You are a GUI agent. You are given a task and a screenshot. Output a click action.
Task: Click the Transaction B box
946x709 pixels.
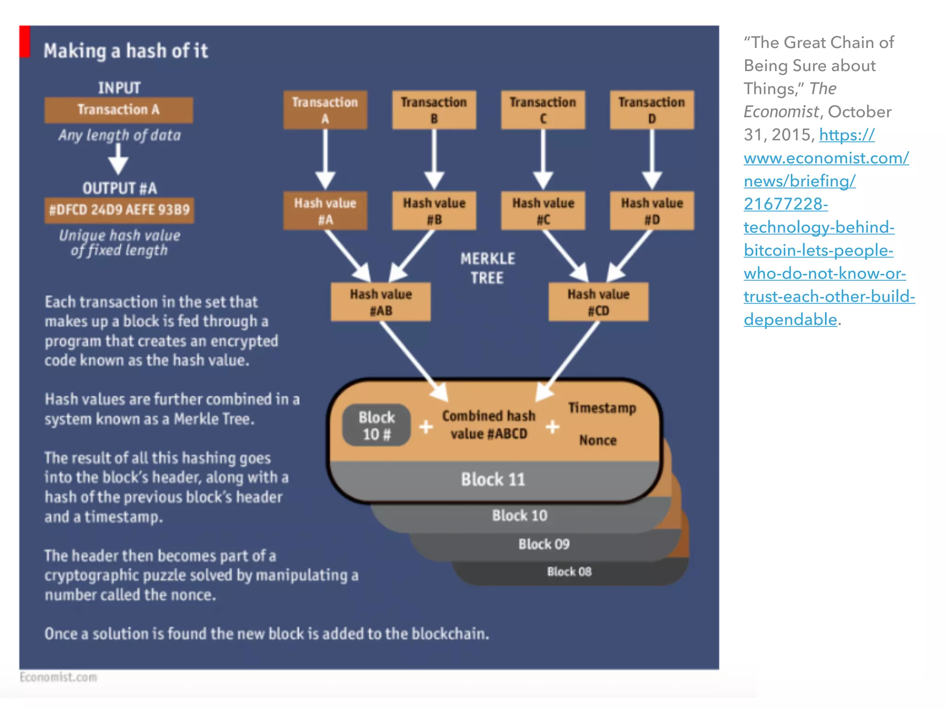tap(434, 110)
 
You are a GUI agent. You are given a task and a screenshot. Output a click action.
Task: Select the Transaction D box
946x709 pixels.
tap(651, 110)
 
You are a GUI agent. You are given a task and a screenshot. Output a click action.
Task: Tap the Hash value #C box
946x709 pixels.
tap(543, 211)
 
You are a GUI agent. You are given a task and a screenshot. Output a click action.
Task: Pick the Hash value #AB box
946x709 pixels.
tap(381, 302)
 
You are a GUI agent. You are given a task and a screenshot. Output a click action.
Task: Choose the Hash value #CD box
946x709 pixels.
tap(598, 302)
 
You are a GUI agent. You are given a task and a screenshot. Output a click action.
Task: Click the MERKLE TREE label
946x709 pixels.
tap(487, 268)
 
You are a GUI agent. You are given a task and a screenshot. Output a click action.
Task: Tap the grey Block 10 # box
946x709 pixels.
tap(376, 425)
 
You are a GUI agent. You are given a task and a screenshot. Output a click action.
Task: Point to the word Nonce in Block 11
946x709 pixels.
tap(598, 440)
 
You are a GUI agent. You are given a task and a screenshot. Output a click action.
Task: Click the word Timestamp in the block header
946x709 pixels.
tap(602, 408)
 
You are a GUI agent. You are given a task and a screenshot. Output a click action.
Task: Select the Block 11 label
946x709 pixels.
tap(493, 480)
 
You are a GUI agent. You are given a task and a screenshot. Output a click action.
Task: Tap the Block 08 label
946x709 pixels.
tap(569, 572)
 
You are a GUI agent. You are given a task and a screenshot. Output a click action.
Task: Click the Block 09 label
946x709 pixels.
tap(544, 544)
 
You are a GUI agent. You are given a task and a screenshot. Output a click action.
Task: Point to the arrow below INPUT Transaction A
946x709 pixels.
tap(118, 159)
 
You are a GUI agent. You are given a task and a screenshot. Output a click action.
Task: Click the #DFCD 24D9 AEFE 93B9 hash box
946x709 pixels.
tap(119, 210)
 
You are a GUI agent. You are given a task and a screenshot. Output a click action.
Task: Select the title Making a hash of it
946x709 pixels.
tap(126, 51)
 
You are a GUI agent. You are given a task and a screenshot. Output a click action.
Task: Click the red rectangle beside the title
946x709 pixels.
tap(25, 42)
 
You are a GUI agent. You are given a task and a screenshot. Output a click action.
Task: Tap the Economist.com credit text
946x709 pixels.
tap(59, 677)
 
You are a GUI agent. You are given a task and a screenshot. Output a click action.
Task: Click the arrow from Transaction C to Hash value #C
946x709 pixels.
tap(543, 159)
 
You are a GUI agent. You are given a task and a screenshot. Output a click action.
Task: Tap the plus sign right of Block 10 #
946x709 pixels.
tap(426, 427)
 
